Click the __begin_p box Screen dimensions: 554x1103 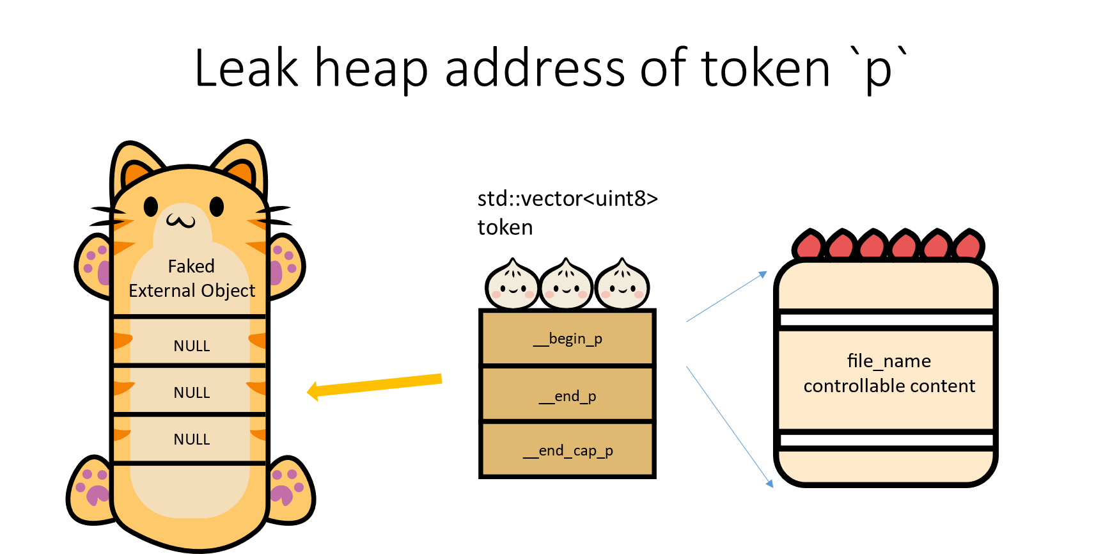(x=567, y=338)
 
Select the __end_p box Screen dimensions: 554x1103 (x=567, y=395)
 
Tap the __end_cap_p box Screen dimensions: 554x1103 (x=567, y=450)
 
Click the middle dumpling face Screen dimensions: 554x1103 (x=566, y=285)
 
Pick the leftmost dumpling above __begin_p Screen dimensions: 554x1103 (x=513, y=286)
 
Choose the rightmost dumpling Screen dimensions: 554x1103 (x=622, y=285)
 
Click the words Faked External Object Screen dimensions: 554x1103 (x=192, y=278)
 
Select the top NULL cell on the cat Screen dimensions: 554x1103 (x=191, y=345)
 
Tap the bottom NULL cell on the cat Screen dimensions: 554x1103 (x=191, y=439)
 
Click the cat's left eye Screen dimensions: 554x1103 (x=151, y=207)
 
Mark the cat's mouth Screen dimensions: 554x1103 (x=181, y=221)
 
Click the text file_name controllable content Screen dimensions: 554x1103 (x=889, y=374)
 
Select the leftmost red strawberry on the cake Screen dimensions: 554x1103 (x=809, y=246)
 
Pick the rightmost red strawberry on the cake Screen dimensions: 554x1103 (x=968, y=246)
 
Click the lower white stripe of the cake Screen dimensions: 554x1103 (x=886, y=440)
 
